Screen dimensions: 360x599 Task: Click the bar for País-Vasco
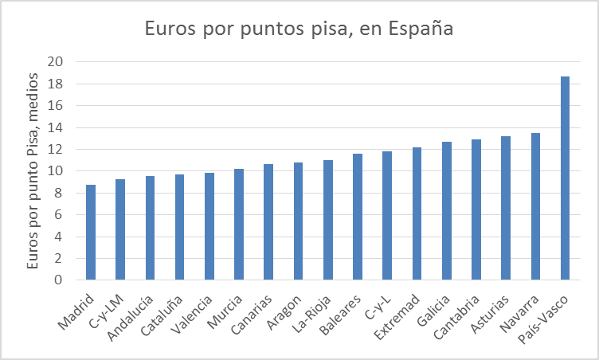[565, 178]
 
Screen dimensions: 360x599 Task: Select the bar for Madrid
[91, 233]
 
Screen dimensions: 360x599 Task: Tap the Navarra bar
[535, 206]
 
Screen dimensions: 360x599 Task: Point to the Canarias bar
[268, 222]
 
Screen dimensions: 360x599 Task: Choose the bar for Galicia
[446, 211]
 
